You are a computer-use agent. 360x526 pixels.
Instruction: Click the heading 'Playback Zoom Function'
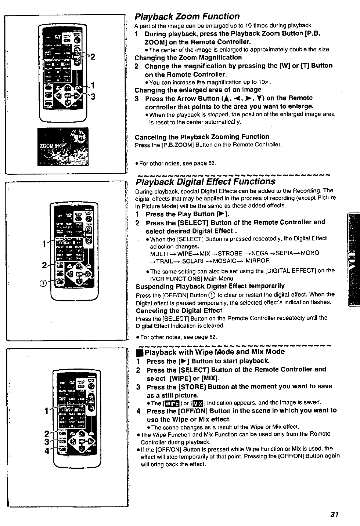click(187, 17)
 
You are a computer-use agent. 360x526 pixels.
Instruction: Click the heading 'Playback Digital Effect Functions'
click(205, 182)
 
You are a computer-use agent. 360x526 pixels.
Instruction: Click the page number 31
click(334, 514)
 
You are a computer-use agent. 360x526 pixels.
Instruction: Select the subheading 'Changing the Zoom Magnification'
click(188, 58)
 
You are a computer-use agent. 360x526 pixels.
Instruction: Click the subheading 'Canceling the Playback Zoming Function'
click(202, 137)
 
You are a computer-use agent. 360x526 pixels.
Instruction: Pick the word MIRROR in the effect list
click(258, 261)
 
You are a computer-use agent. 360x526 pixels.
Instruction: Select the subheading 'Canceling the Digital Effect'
click(179, 311)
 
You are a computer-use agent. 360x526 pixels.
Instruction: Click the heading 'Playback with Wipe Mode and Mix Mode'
click(215, 352)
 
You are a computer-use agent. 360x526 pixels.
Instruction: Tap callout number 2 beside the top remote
click(93, 57)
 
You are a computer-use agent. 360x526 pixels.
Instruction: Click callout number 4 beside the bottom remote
click(47, 451)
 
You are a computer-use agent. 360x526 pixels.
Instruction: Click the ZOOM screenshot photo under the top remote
click(63, 146)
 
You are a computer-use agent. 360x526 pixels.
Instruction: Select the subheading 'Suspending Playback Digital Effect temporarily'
click(210, 286)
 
